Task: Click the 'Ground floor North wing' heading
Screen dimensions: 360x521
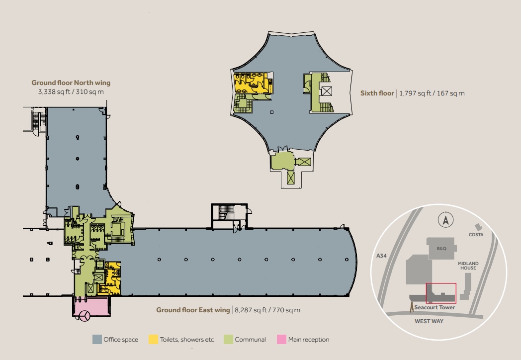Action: coord(71,83)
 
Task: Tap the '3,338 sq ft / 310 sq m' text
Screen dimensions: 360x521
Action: coord(71,92)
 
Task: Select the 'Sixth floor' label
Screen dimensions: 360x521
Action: coord(377,93)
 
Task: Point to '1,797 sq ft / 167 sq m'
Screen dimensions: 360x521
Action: coord(432,93)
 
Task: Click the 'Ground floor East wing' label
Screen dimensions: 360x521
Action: coord(193,310)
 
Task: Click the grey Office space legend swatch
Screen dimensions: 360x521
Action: coord(97,340)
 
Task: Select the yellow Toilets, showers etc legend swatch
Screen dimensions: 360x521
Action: coord(154,340)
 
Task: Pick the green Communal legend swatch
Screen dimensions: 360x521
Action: coord(229,340)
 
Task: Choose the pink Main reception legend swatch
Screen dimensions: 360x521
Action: coord(281,340)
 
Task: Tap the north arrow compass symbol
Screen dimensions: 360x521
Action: coord(446,219)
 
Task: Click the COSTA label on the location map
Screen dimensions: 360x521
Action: coord(476,235)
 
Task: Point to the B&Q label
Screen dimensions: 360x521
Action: coord(441,248)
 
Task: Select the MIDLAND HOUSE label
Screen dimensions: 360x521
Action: coord(468,266)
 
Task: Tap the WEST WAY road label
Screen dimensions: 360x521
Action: coord(429,321)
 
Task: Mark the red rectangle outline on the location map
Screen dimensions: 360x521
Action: coord(441,293)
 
